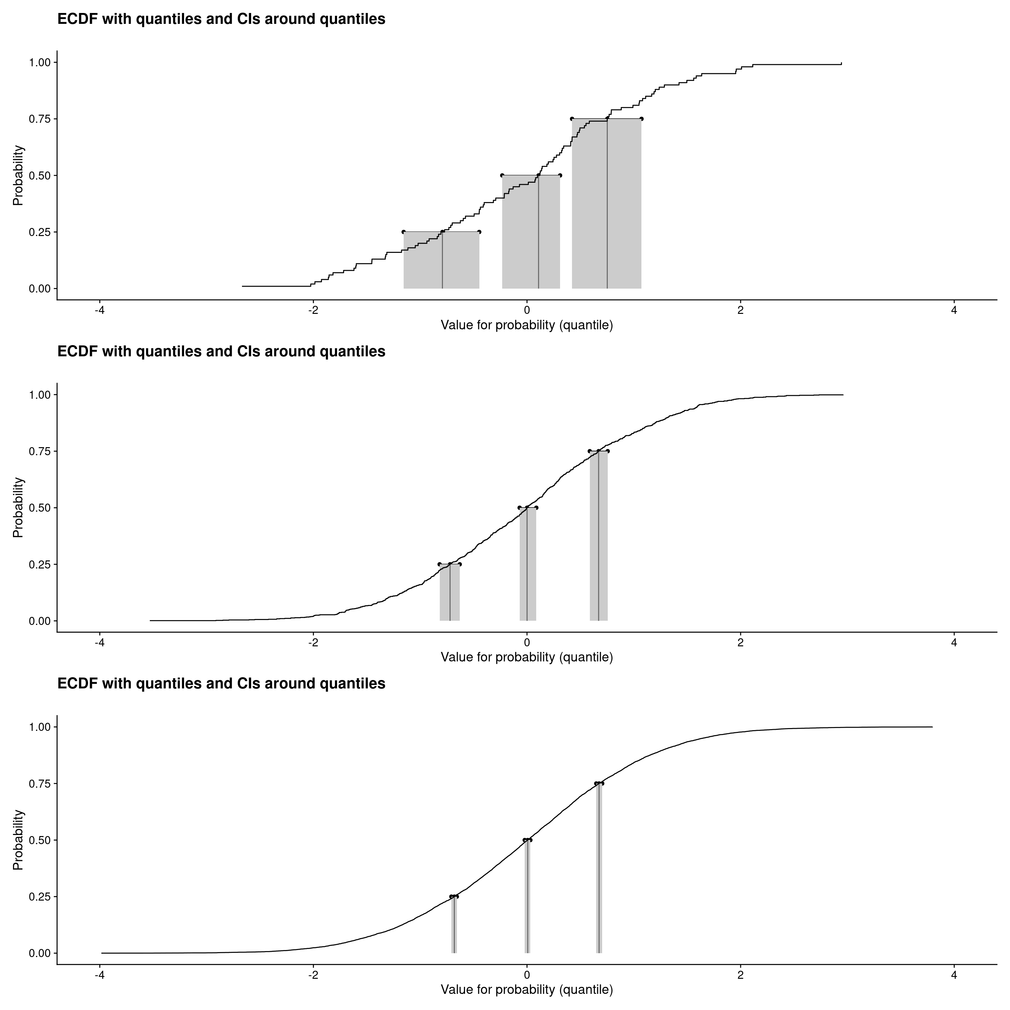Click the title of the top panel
pyautogui.click(x=221, y=19)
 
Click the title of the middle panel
pyautogui.click(x=221, y=351)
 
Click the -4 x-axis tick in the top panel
pyautogui.click(x=99, y=310)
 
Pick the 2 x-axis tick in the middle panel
pyautogui.click(x=740, y=642)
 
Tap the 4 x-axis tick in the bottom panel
pyautogui.click(x=954, y=975)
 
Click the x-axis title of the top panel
pyautogui.click(x=526, y=325)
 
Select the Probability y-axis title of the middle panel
pyautogui.click(x=18, y=507)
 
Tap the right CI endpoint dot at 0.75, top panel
pyautogui.click(x=641, y=119)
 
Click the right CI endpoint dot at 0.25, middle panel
pyautogui.click(x=459, y=564)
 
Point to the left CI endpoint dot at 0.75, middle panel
pyautogui.click(x=590, y=451)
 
